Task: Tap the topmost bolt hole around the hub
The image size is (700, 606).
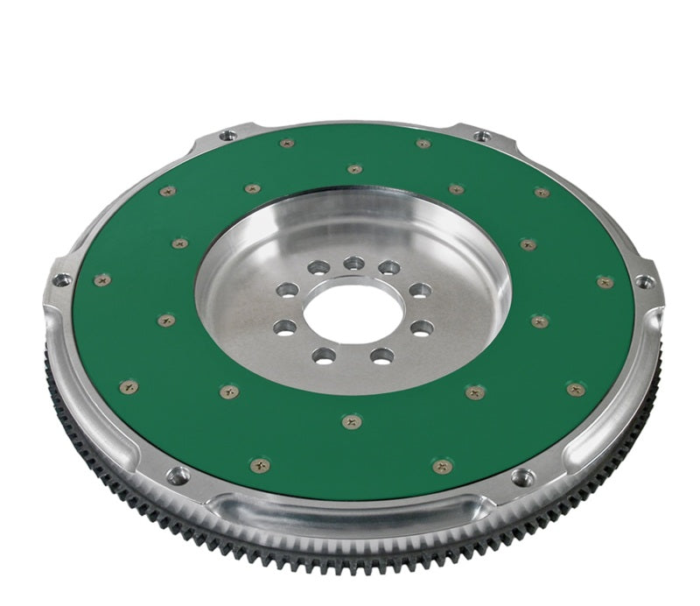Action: (x=353, y=263)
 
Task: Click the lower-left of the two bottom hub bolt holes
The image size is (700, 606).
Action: (x=324, y=356)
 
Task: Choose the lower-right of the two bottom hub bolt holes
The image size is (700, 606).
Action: (x=382, y=356)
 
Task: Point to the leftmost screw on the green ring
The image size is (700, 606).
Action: (x=102, y=280)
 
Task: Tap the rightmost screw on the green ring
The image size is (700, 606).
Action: (x=605, y=282)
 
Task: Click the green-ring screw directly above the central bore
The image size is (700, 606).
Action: (x=354, y=169)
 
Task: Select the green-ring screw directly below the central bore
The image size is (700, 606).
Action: (x=352, y=421)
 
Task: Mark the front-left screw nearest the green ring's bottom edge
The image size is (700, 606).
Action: (x=260, y=465)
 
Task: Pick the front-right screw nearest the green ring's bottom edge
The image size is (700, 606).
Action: (x=443, y=466)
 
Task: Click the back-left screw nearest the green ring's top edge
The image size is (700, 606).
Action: (x=286, y=144)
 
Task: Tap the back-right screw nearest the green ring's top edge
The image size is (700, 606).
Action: (x=423, y=144)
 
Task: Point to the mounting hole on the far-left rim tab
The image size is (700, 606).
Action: (x=61, y=280)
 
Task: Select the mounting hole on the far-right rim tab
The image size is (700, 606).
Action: (x=645, y=282)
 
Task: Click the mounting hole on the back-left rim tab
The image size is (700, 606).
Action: (x=227, y=136)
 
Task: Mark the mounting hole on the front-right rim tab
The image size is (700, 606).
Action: (x=523, y=477)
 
